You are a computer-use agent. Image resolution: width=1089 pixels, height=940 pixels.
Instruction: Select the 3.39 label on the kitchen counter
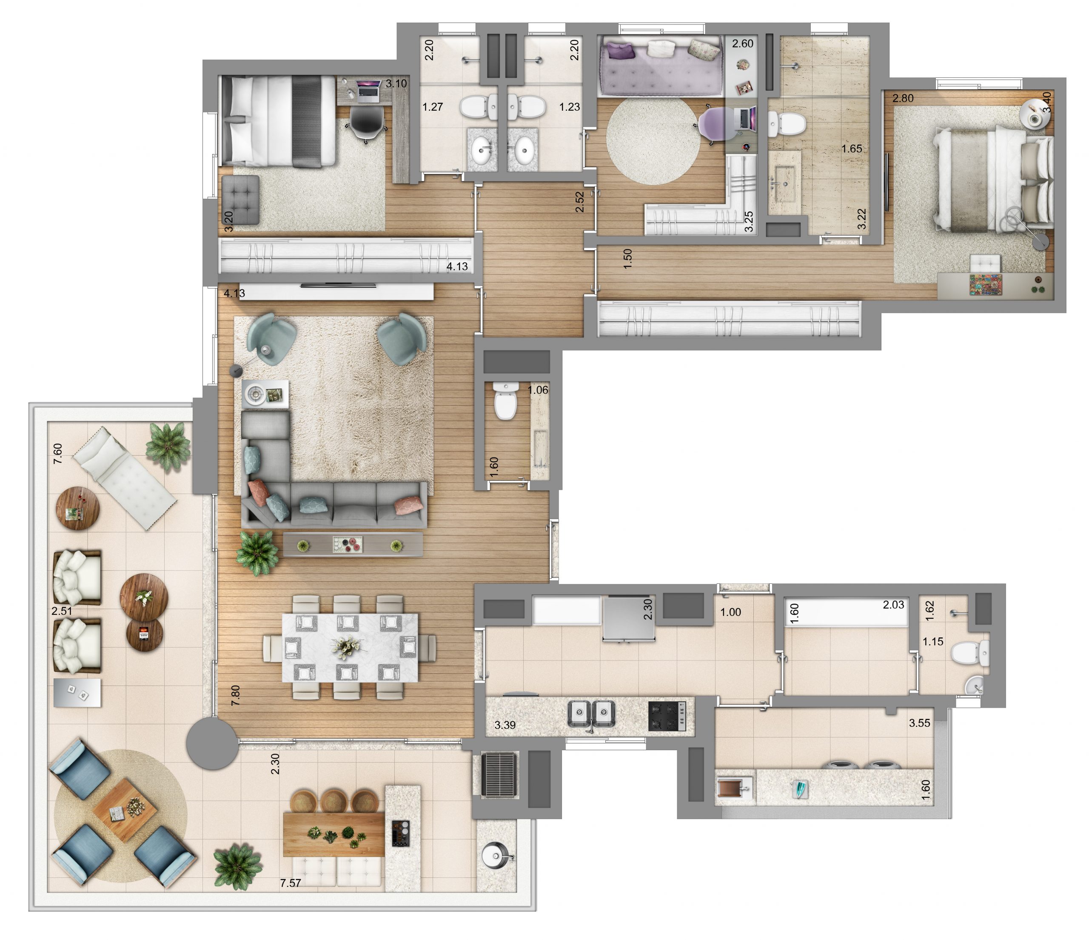505,725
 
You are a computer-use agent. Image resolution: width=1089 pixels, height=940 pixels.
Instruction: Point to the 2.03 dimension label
893,605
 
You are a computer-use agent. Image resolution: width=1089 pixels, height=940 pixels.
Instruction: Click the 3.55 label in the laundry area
920,723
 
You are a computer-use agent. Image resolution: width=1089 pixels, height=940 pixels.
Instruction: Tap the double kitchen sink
592,714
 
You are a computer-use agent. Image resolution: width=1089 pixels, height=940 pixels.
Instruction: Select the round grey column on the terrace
212,743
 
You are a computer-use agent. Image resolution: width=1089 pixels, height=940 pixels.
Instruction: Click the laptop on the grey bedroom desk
368,90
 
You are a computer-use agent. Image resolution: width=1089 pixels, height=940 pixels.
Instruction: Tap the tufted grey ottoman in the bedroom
240,200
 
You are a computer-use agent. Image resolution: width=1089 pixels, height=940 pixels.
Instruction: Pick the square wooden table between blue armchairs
125,810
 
